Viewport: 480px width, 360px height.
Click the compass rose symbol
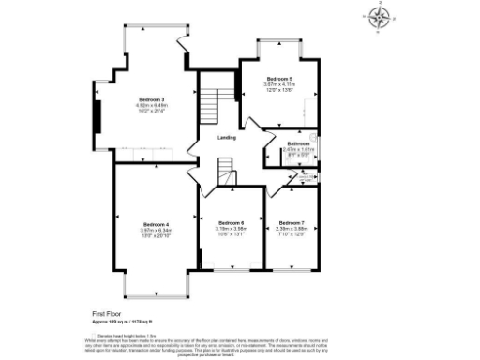click(x=379, y=19)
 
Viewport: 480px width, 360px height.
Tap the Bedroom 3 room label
click(x=152, y=99)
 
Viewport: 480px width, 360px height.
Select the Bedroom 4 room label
click(x=155, y=224)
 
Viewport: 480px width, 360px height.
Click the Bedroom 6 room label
click(x=230, y=222)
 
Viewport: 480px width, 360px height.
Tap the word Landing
click(x=226, y=138)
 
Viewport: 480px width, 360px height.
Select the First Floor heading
click(x=108, y=313)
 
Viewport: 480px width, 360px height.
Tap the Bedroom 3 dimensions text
click(x=152, y=110)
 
